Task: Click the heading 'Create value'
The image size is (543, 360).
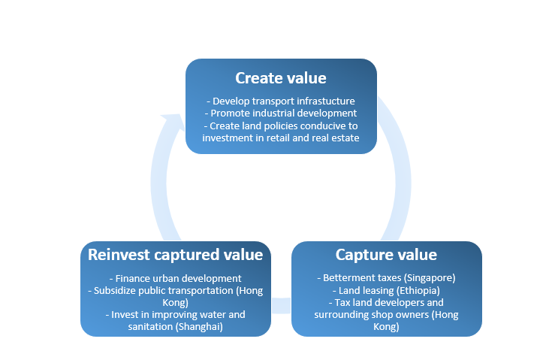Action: (280, 78)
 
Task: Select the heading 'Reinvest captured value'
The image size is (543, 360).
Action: (175, 254)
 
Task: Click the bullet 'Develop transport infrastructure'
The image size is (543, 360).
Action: (280, 101)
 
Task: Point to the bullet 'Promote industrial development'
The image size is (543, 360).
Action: (280, 113)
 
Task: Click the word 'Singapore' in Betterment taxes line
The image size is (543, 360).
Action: (430, 277)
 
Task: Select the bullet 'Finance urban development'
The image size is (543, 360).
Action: (175, 278)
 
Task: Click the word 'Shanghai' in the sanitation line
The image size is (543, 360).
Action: (203, 327)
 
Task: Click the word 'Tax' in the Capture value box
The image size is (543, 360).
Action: (337, 303)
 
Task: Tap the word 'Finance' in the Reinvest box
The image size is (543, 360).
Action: (134, 278)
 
